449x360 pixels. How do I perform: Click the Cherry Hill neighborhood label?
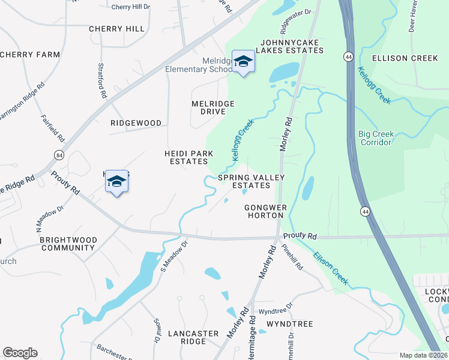click(116, 29)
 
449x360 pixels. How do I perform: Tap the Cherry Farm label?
click(30, 55)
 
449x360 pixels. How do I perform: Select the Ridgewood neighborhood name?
click(136, 123)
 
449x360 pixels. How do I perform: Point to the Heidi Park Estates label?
click(189, 158)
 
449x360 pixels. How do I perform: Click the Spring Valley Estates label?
click(252, 181)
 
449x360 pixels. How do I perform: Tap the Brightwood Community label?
click(68, 243)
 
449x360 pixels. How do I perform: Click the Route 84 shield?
click(58, 155)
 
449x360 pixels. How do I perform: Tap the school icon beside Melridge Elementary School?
click(243, 62)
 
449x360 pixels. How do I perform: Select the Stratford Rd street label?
click(103, 81)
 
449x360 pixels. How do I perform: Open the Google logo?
click(20, 353)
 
